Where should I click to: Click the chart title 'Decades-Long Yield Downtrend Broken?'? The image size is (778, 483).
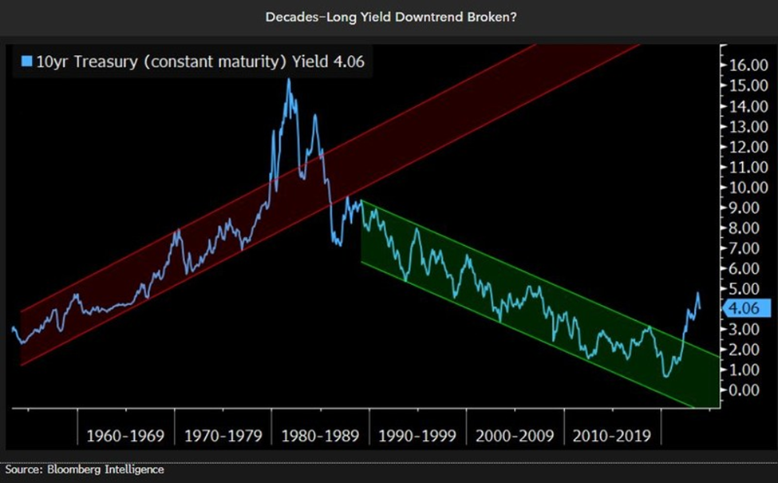point(389,16)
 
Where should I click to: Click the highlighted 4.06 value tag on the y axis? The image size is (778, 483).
point(747,308)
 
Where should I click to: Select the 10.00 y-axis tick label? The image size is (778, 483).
point(746,188)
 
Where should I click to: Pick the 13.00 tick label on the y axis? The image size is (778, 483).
point(746,127)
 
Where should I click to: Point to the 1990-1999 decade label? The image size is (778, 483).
point(418,437)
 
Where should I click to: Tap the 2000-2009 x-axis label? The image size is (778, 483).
point(515,437)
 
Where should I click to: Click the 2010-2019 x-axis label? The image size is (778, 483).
point(612,437)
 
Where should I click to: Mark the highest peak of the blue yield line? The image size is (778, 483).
point(288,80)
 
